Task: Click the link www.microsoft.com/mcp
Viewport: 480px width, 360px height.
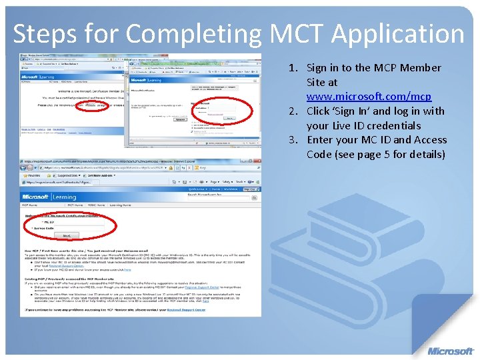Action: click(x=369, y=97)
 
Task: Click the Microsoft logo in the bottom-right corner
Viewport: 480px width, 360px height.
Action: click(x=451, y=351)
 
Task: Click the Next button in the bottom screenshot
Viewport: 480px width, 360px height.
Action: click(x=67, y=235)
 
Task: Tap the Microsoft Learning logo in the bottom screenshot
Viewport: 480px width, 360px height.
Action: click(x=49, y=197)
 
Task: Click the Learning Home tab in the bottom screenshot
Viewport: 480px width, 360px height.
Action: click(x=123, y=205)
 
